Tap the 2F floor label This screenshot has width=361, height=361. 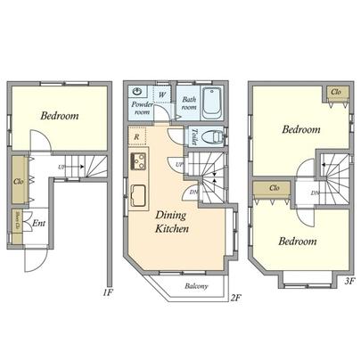click(236, 297)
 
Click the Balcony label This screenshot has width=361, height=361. click(197, 286)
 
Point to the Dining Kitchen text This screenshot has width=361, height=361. click(170, 222)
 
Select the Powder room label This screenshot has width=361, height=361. click(143, 109)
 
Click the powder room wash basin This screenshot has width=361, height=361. click(139, 93)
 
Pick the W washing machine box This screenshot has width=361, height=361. click(161, 94)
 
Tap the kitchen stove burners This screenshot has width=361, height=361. click(139, 162)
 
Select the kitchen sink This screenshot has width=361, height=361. click(139, 196)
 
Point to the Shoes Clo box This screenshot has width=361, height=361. click(18, 222)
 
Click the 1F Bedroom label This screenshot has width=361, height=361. click(59, 116)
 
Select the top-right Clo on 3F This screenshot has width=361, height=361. click(337, 92)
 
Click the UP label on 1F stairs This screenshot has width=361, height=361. click(61, 167)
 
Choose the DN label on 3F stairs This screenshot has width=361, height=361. click(315, 193)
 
